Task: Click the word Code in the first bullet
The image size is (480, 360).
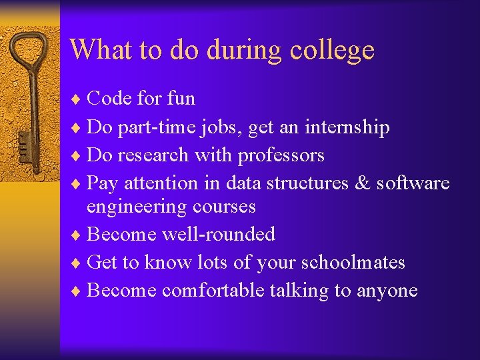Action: click(109, 99)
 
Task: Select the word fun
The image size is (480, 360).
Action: click(181, 99)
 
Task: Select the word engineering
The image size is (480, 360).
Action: click(136, 207)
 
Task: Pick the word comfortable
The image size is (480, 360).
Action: click(213, 291)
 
